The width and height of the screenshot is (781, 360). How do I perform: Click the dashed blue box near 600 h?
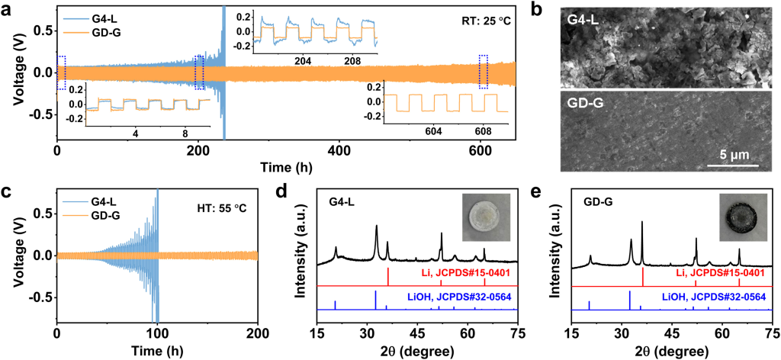tap(483, 72)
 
